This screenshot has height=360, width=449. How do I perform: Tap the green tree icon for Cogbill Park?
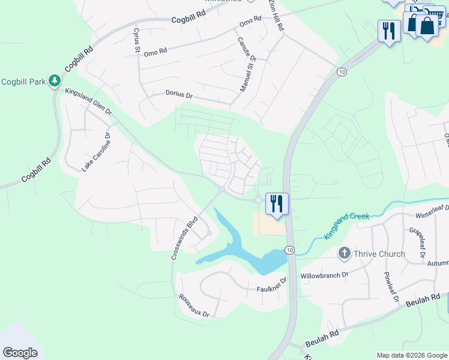tap(55, 80)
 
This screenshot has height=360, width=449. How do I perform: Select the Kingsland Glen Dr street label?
tap(88, 102)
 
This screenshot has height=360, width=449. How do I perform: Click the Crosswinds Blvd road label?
tap(184, 238)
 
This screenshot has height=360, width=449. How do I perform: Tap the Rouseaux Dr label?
tap(193, 305)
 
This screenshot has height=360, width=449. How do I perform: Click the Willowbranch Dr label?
tap(325, 275)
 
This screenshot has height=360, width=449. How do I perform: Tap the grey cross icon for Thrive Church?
tap(345, 253)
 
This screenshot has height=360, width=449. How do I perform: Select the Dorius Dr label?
tap(179, 95)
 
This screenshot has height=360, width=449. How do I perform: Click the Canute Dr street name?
tap(246, 50)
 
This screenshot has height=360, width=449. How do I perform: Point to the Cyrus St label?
tap(136, 40)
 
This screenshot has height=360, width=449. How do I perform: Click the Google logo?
tap(20, 353)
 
